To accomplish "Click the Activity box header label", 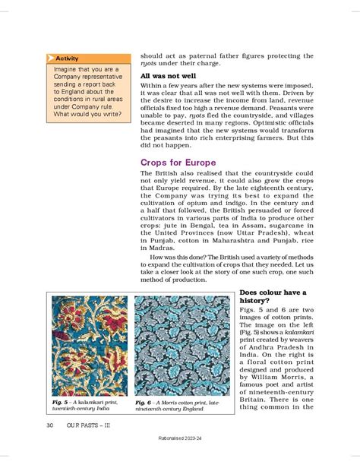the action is pos(67,58).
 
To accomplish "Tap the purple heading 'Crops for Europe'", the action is pos(178,163).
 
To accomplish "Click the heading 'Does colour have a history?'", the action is pos(273,298).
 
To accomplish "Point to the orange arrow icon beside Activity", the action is pos(50,58).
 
